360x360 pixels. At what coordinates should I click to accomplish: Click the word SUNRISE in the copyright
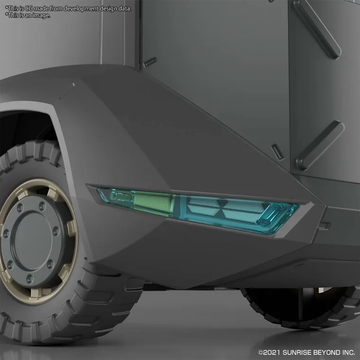click(298, 352)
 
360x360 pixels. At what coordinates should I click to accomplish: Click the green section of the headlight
click(153, 201)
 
